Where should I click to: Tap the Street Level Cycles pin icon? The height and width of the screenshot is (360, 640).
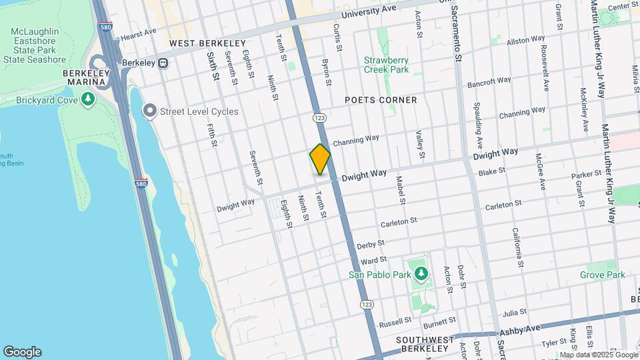(151, 111)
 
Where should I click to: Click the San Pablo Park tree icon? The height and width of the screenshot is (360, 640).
(421, 273)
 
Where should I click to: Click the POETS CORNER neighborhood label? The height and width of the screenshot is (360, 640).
(381, 100)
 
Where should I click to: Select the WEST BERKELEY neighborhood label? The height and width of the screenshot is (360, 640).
(207, 43)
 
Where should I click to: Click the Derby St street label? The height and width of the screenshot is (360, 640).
(371, 245)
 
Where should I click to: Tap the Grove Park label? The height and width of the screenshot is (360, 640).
(602, 275)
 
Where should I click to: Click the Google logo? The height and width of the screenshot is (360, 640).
(22, 352)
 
